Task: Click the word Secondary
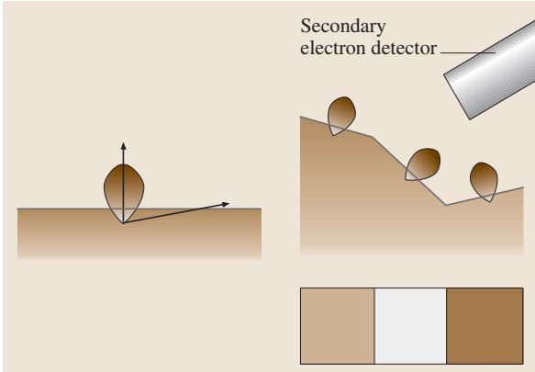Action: (x=343, y=27)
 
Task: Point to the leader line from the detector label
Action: (x=468, y=52)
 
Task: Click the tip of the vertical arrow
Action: (x=124, y=142)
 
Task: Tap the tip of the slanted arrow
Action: (x=229, y=204)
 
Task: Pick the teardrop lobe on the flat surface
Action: (x=124, y=193)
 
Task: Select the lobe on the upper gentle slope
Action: (x=341, y=116)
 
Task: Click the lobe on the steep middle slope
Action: (x=422, y=164)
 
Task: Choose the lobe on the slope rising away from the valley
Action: (x=484, y=181)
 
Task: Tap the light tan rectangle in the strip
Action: (x=338, y=326)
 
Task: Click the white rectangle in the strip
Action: (x=410, y=326)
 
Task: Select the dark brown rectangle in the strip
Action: (x=485, y=326)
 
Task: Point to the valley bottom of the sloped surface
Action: (x=446, y=205)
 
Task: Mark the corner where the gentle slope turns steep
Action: (x=373, y=137)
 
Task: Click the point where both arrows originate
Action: (x=124, y=223)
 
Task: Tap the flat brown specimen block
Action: (x=139, y=232)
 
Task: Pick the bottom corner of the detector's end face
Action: (x=470, y=119)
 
